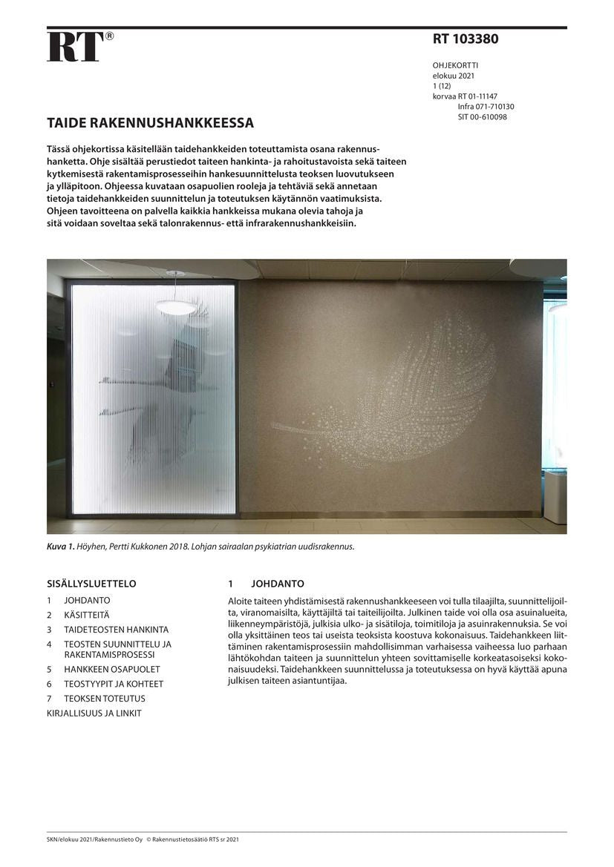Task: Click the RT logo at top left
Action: (x=76, y=47)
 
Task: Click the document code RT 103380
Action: (x=466, y=39)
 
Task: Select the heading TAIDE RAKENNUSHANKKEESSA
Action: (x=150, y=122)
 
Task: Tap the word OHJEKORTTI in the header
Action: (x=455, y=65)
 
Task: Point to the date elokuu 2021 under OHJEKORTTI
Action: (x=454, y=76)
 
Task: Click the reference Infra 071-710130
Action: (x=486, y=107)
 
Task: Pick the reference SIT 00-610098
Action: (x=483, y=117)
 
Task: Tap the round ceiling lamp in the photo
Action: (x=176, y=306)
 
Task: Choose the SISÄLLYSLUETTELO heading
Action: (x=91, y=584)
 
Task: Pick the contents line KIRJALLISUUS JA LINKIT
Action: (x=94, y=713)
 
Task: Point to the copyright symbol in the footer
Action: (x=148, y=840)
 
